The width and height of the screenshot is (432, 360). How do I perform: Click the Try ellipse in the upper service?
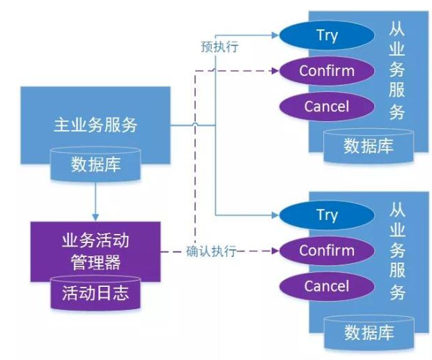(x=327, y=36)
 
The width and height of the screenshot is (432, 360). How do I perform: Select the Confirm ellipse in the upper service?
(x=327, y=71)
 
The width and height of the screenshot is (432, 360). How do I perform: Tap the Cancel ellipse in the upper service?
(x=327, y=107)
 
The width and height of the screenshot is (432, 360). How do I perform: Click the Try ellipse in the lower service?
(x=327, y=215)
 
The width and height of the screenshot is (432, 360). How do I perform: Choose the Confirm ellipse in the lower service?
(x=327, y=251)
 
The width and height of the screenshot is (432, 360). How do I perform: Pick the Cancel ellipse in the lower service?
(x=327, y=286)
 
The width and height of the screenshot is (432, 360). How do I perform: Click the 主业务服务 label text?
(x=95, y=125)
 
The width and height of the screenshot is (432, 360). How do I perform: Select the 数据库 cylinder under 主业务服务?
(x=95, y=164)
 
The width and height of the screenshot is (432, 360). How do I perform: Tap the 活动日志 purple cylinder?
(x=95, y=292)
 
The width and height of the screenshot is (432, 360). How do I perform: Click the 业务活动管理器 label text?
(x=95, y=251)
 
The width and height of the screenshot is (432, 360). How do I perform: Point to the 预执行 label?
(x=219, y=47)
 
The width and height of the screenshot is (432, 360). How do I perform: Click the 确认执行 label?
(x=211, y=251)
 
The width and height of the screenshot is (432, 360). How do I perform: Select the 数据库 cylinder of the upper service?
(x=369, y=146)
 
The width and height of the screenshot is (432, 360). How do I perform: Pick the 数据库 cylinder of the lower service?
(x=369, y=333)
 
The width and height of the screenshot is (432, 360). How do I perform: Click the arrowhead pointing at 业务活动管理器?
(x=95, y=217)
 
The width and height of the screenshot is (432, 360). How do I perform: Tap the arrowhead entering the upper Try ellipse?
(x=275, y=36)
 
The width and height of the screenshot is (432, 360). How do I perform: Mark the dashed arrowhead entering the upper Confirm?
(x=275, y=71)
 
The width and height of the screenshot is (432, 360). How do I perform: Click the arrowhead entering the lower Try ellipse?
(x=275, y=215)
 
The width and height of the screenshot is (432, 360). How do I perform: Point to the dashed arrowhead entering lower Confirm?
(x=275, y=251)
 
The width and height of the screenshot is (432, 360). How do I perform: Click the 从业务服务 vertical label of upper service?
(x=396, y=71)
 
